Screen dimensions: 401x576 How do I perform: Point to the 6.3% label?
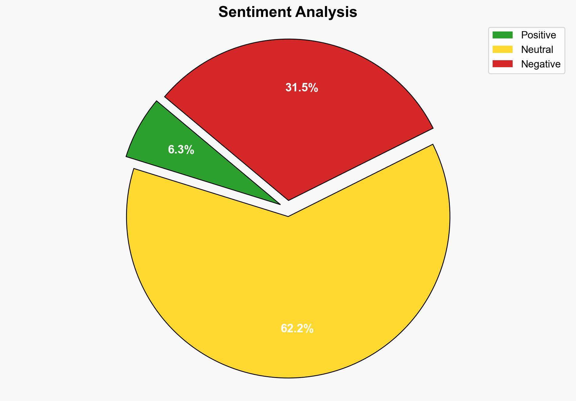pyautogui.click(x=181, y=150)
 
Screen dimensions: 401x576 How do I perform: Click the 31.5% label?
pyautogui.click(x=302, y=88)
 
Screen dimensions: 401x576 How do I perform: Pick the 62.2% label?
pyautogui.click(x=297, y=328)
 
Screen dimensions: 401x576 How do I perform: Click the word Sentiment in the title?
pyautogui.click(x=254, y=12)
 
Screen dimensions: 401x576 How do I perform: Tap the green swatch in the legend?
pyautogui.click(x=502, y=35)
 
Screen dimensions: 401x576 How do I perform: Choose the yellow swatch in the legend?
pyautogui.click(x=502, y=49)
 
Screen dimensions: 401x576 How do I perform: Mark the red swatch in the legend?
pyautogui.click(x=502, y=64)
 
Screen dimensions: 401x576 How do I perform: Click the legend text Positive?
pyautogui.click(x=538, y=35)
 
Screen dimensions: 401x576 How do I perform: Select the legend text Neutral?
pyautogui.click(x=537, y=49)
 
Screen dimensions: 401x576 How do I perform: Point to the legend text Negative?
pyautogui.click(x=541, y=64)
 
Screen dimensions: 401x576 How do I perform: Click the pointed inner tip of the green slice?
pyautogui.click(x=280, y=204)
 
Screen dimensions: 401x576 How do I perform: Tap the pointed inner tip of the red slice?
pyautogui.click(x=288, y=199)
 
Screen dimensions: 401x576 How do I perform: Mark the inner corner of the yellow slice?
pyautogui.click(x=288, y=216)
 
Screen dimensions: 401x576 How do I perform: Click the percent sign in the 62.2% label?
pyautogui.click(x=309, y=328)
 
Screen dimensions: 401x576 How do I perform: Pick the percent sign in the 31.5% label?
pyautogui.click(x=313, y=88)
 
